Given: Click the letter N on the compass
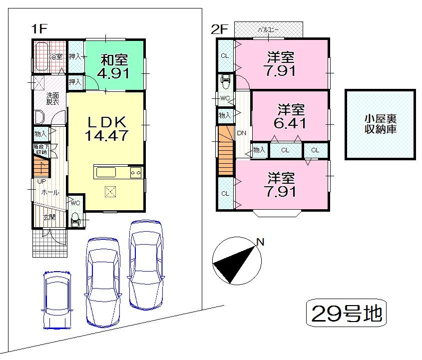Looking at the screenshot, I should (260, 243).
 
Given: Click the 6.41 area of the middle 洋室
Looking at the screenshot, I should (291, 123).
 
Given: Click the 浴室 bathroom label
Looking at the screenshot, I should (55, 56).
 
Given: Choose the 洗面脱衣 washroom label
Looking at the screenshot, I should (53, 98).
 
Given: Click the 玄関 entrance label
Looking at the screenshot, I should (48, 217).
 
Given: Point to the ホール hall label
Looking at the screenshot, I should (49, 192).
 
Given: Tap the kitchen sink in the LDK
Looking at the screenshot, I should (106, 172).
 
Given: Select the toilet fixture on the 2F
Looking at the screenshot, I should (225, 80).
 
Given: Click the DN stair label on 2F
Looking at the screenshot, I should (242, 133).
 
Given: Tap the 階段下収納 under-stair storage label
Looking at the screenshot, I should (40, 149).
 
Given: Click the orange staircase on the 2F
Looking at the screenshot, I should (225, 150).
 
